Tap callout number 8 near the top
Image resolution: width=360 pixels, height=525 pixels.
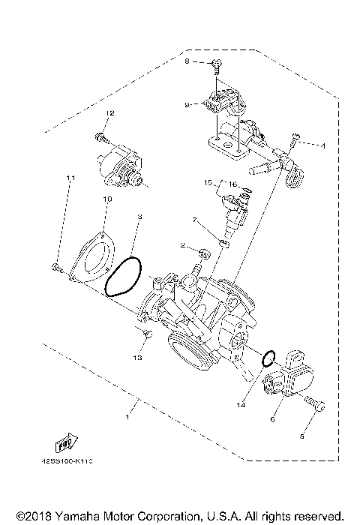[188, 61]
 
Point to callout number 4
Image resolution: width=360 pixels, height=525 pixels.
[323, 145]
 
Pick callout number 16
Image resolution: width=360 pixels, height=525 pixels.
[233, 183]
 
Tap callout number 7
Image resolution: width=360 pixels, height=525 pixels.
[193, 220]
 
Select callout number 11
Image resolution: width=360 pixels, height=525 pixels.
[71, 178]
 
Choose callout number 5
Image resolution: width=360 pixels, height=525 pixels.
[304, 434]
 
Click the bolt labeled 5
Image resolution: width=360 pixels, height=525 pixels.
[317, 406]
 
